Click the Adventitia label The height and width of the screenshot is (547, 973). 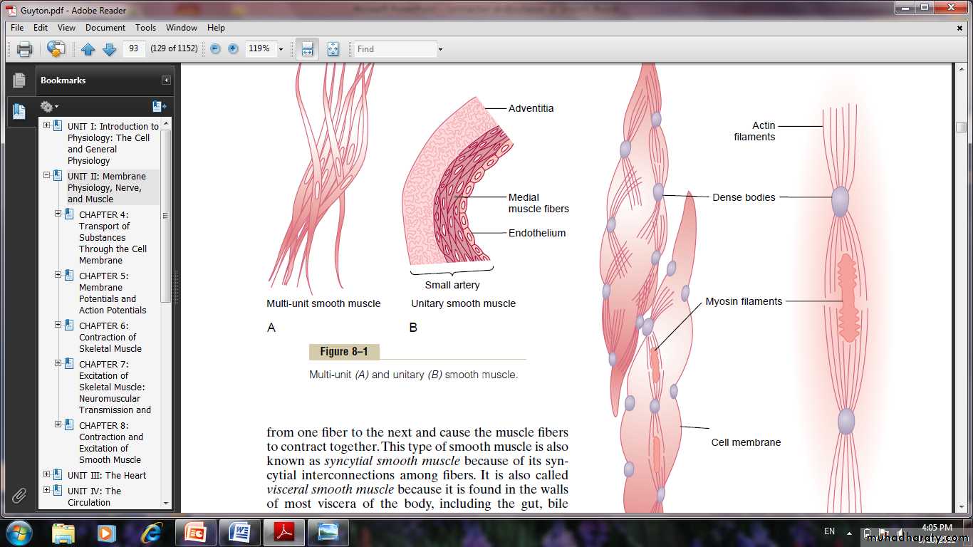coord(531,108)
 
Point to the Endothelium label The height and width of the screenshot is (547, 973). coord(537,233)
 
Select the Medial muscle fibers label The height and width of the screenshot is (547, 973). coord(538,203)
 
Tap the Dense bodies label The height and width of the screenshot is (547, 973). coord(744,197)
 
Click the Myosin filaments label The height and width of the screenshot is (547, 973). coord(744,301)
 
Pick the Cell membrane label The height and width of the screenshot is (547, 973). coord(746,442)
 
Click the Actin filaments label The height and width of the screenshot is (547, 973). coord(754,131)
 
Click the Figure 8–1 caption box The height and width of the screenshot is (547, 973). coord(344,351)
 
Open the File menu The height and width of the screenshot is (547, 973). coord(17,27)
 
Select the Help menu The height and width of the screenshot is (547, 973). coord(216,27)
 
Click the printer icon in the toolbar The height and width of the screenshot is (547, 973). coord(24,48)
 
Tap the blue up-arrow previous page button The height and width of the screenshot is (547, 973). coord(88,48)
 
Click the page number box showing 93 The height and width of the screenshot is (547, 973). coord(134,48)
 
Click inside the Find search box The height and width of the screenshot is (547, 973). coord(395,48)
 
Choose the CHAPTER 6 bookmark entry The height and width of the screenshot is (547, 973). coord(110,337)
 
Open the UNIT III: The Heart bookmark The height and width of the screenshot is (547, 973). coord(107,475)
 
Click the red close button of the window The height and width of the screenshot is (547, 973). coord(951,7)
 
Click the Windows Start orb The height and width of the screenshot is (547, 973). coord(18,532)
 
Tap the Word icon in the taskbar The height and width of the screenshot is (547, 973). coord(240,532)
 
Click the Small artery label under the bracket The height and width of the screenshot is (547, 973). coord(452,285)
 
